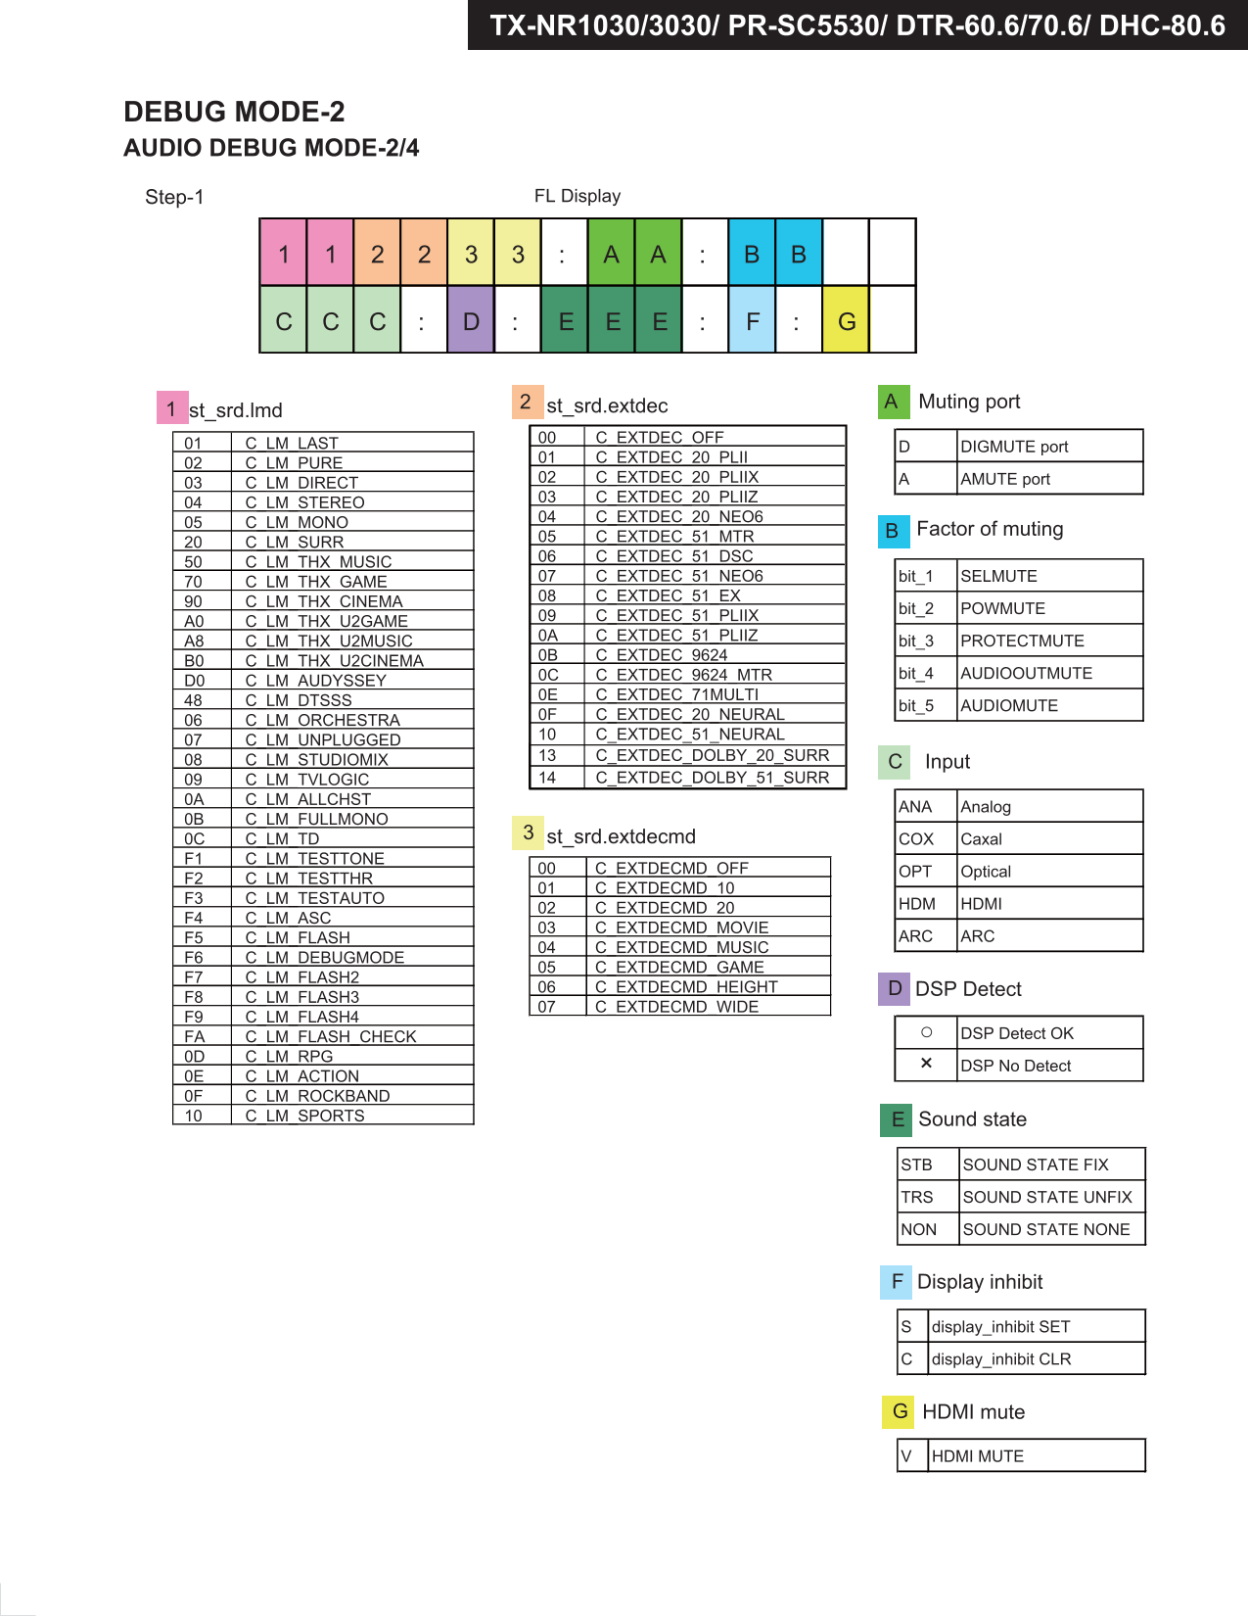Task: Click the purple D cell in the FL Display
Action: click(471, 320)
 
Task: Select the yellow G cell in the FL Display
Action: click(847, 320)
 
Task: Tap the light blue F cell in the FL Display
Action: click(752, 320)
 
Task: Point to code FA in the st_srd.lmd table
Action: click(195, 1036)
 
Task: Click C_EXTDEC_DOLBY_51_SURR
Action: click(712, 778)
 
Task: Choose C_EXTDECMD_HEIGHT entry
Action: click(696, 986)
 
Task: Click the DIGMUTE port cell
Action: click(1014, 447)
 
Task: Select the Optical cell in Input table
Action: click(986, 872)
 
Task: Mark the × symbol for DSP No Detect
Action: click(926, 1064)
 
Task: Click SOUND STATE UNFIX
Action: click(1046, 1197)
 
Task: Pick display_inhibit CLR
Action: click(1000, 1358)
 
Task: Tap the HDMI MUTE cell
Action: click(977, 1456)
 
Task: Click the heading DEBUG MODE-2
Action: click(234, 112)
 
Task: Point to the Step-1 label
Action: click(174, 197)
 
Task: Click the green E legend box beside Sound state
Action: click(897, 1119)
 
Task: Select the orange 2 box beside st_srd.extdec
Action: click(526, 402)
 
